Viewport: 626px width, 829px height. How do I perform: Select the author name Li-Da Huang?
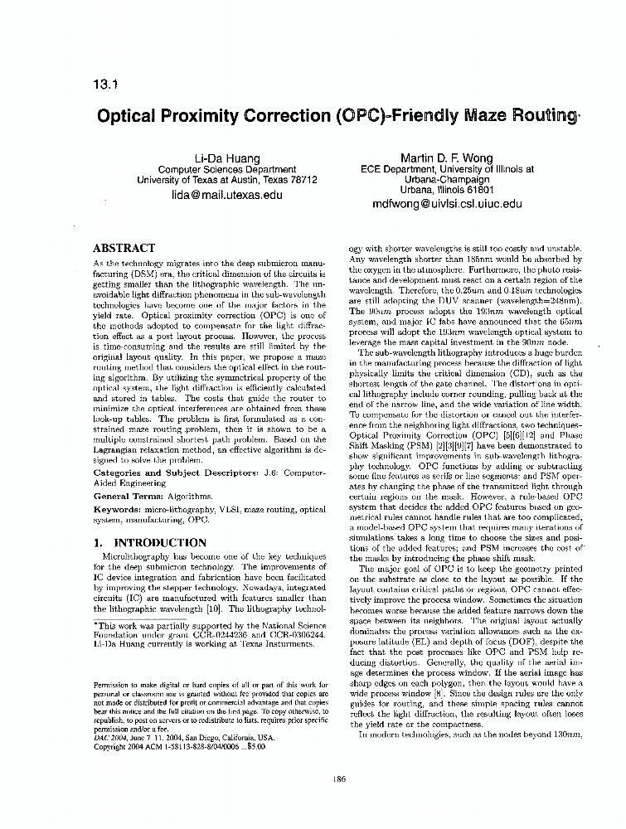226,158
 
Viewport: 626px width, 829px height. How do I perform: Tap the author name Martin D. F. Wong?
447,158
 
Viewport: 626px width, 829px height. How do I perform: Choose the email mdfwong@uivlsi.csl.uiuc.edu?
447,203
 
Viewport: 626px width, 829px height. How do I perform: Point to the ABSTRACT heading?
124,248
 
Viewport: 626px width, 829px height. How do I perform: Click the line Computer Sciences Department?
226,169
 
